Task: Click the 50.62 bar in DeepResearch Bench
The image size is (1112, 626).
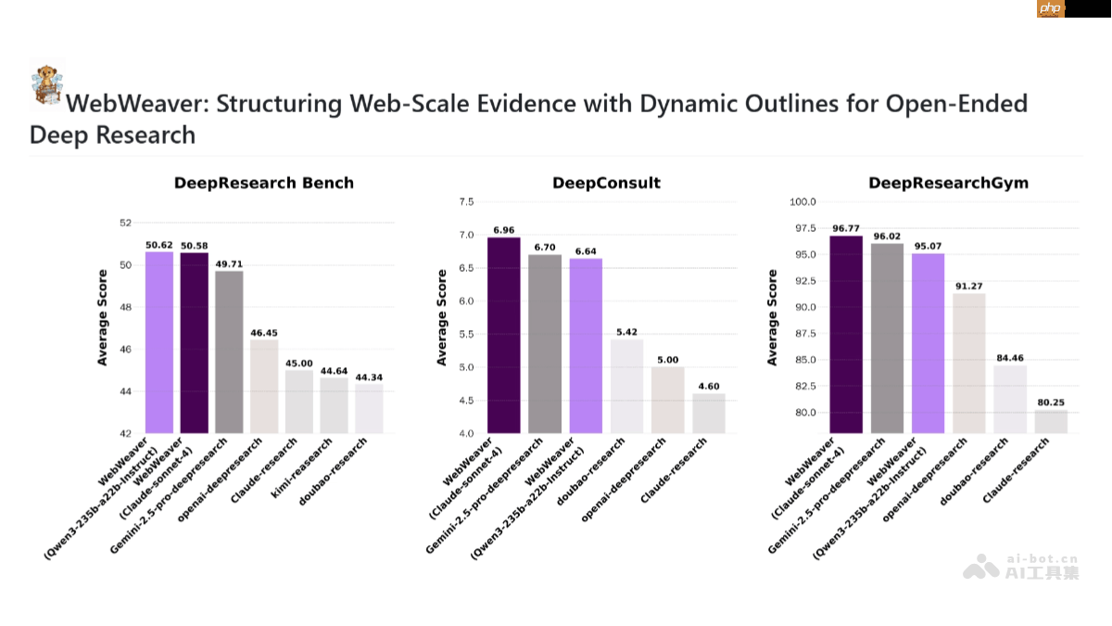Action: coord(159,342)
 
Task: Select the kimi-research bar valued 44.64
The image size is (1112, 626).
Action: coord(335,405)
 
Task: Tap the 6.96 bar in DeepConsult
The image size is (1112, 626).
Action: coord(504,336)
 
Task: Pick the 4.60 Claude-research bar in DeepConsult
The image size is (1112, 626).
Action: coord(708,413)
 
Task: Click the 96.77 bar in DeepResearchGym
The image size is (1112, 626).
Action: coord(846,335)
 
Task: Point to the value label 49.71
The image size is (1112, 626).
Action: coord(229,263)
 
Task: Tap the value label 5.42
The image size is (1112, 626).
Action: coord(626,332)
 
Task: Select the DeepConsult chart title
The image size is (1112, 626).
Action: coord(606,183)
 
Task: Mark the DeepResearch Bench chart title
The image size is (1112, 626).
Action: coord(264,183)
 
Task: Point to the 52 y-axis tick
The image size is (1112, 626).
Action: coord(126,224)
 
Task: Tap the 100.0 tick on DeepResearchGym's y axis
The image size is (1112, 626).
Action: coord(802,202)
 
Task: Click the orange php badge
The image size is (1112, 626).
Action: coord(1051,8)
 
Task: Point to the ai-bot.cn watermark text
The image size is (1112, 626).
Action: coord(1042,559)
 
